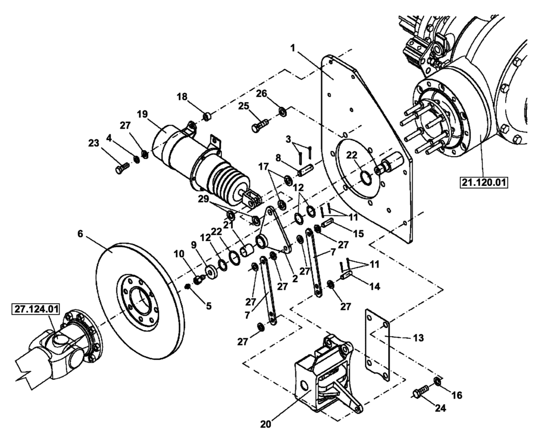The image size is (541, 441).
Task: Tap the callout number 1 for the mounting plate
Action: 292,48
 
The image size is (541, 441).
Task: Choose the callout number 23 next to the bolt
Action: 94,144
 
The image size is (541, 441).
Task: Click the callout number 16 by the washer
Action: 457,395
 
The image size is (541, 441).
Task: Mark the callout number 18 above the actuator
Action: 182,96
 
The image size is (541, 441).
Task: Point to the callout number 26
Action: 262,93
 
